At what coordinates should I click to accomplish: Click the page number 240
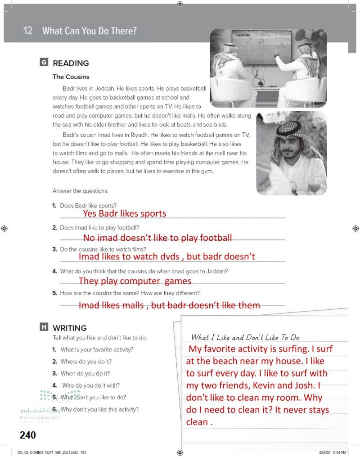27,435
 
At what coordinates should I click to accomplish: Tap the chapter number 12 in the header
28,31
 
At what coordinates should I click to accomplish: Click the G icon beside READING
44,63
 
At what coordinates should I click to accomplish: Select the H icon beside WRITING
44,327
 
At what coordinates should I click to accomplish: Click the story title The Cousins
71,77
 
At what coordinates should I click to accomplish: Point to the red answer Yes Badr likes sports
125,213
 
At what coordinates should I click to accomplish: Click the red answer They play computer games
135,281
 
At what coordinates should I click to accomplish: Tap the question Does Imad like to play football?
99,227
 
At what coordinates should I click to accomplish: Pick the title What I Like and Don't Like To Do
245,337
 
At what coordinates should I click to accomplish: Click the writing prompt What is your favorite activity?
97,349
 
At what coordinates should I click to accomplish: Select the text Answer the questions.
81,191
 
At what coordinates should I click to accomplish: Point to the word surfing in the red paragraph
292,348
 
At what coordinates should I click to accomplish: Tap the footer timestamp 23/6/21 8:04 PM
334,452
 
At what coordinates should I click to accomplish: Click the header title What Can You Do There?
89,31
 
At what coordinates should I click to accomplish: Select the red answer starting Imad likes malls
169,305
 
